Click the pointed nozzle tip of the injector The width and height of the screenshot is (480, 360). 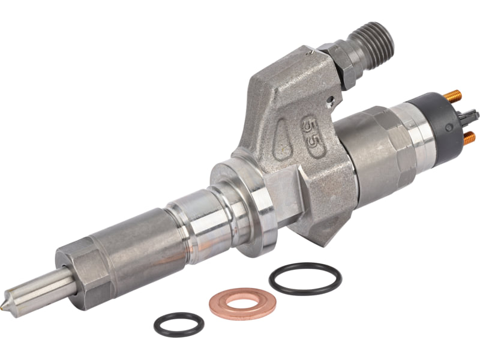[5, 307]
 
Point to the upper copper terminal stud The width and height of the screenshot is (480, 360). [454, 96]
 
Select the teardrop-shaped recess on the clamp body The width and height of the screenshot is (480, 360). [281, 139]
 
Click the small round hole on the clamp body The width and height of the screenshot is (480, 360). [330, 100]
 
